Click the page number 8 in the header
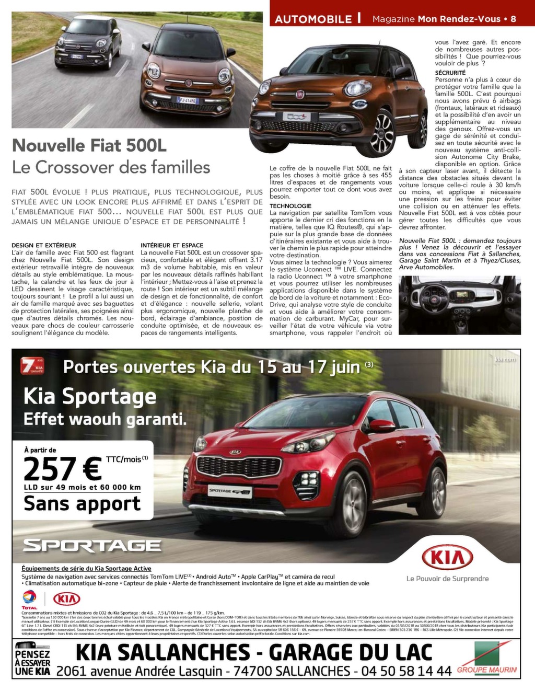pos(513,19)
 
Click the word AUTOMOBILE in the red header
pos(313,19)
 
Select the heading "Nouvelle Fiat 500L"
pos(89,145)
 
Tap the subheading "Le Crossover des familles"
pos(111,167)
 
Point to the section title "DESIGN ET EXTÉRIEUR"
pos(43,245)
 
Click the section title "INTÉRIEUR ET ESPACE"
pos(172,245)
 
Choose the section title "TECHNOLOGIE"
pos(290,206)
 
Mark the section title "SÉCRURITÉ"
pos(450,73)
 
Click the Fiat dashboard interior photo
pos(459,305)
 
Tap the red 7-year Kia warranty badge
pos(32,365)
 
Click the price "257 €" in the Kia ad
pos(63,468)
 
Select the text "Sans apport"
pos(82,504)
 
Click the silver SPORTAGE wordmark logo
pos(92,546)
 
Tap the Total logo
pos(29,599)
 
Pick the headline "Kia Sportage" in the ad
pos(90,396)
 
